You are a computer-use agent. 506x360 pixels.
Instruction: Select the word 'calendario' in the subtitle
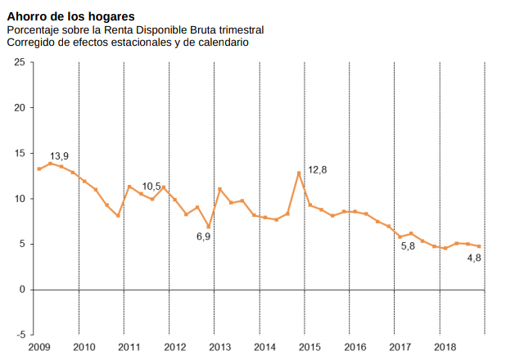pyautogui.click(x=223, y=42)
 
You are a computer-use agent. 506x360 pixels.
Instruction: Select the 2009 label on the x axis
pyautogui.click(x=38, y=348)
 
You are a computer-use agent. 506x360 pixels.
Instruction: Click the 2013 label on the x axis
pyautogui.click(x=219, y=348)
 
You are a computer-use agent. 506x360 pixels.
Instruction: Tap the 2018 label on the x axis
pyautogui.click(x=445, y=348)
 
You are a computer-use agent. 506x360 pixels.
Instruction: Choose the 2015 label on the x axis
pyautogui.click(x=309, y=348)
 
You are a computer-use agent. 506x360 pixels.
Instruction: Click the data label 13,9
pyautogui.click(x=59, y=155)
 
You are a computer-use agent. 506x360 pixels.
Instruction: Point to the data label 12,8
pyautogui.click(x=317, y=169)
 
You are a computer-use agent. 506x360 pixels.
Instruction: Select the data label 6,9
pyautogui.click(x=203, y=236)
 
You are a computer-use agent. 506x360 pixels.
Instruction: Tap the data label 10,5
pyautogui.click(x=151, y=187)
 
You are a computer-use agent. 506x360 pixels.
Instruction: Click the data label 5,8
pyautogui.click(x=408, y=245)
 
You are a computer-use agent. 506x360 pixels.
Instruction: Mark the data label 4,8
pyautogui.click(x=473, y=258)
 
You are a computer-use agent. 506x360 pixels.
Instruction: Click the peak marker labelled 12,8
pyautogui.click(x=299, y=173)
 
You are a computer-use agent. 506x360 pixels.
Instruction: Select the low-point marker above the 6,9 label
pyautogui.click(x=209, y=227)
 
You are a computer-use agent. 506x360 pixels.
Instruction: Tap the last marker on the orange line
pyautogui.click(x=479, y=246)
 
